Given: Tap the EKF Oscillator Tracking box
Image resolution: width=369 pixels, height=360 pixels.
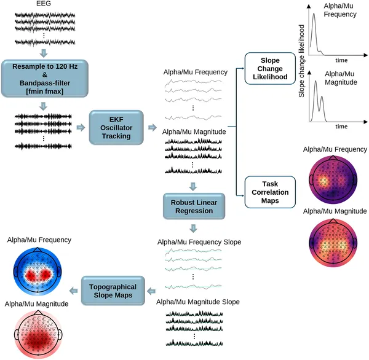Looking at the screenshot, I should (116, 127).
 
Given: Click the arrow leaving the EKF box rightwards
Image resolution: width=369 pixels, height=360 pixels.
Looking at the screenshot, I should (152, 127).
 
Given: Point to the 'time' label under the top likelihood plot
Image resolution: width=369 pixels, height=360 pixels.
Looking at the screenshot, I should (341, 61).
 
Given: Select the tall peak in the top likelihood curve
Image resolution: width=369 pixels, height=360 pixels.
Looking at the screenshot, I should (314, 18).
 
